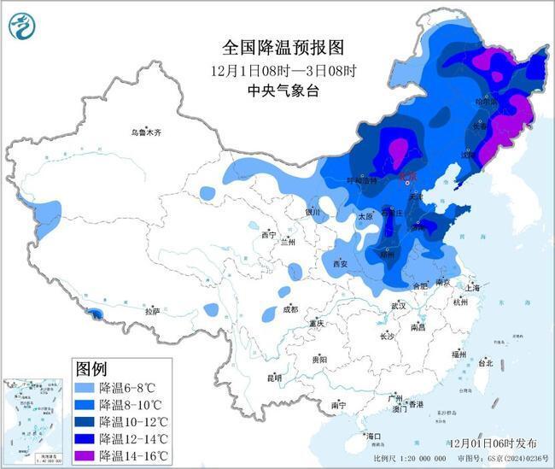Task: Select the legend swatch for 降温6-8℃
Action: tap(84, 387)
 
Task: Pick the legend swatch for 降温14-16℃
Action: tap(84, 455)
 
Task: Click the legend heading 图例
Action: tap(91, 369)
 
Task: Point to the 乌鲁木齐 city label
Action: tap(146, 132)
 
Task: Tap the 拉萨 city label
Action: tap(152, 311)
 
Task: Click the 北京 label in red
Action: tap(409, 175)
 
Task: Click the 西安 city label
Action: tap(340, 264)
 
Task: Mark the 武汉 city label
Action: tap(398, 305)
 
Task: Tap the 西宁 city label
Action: tap(269, 234)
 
